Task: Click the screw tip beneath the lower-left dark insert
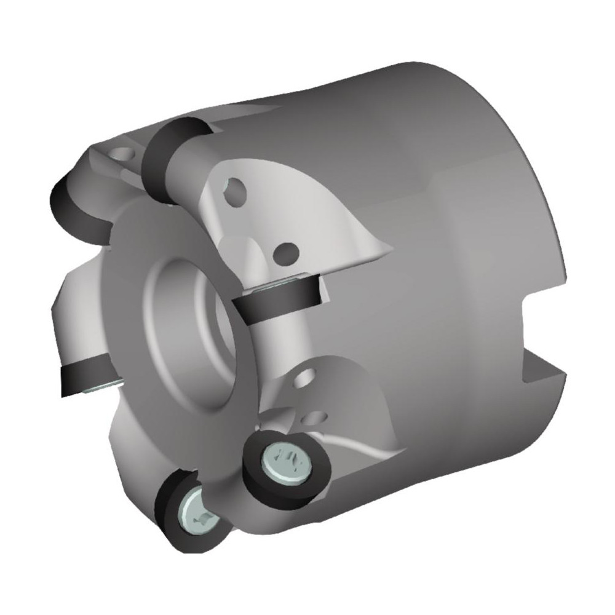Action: [98, 388]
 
